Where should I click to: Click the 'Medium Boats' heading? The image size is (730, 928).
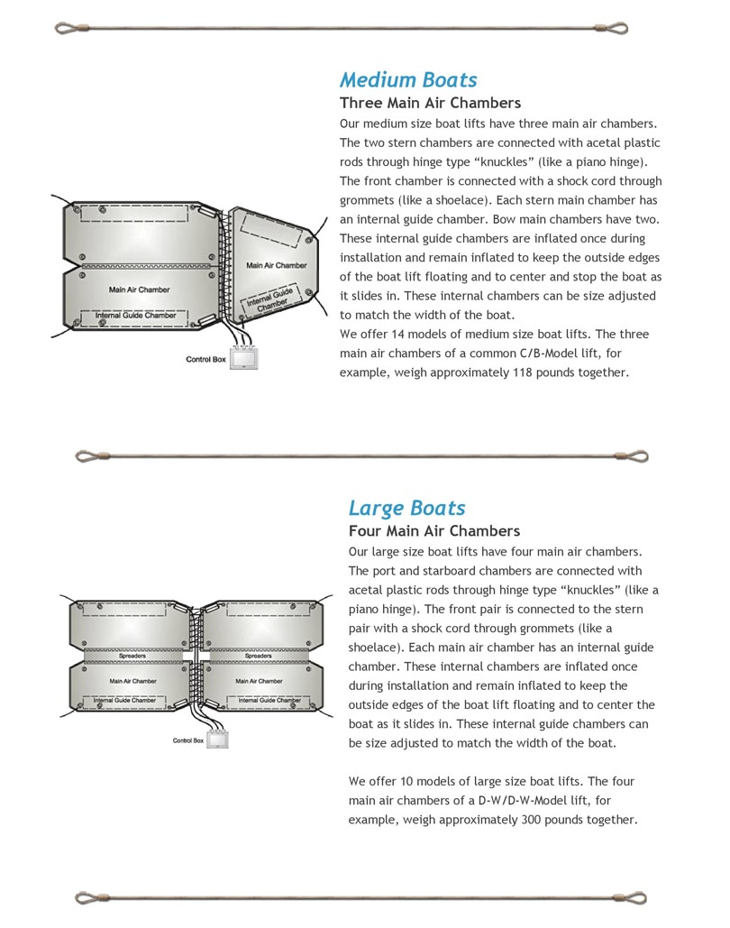click(408, 80)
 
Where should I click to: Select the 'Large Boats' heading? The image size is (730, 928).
click(406, 509)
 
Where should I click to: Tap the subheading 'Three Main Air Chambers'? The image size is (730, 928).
click(430, 103)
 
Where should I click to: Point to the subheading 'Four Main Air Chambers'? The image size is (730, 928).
click(433, 531)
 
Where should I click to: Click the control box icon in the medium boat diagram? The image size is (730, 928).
click(243, 359)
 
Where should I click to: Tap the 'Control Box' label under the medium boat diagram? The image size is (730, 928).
click(205, 359)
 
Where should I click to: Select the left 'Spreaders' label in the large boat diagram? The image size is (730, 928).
click(132, 656)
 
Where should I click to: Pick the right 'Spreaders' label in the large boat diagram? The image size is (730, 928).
click(259, 656)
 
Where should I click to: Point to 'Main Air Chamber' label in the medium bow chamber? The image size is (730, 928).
click(277, 265)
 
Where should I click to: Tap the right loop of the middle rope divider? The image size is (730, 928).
click(636, 456)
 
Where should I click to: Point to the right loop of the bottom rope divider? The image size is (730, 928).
click(636, 897)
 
